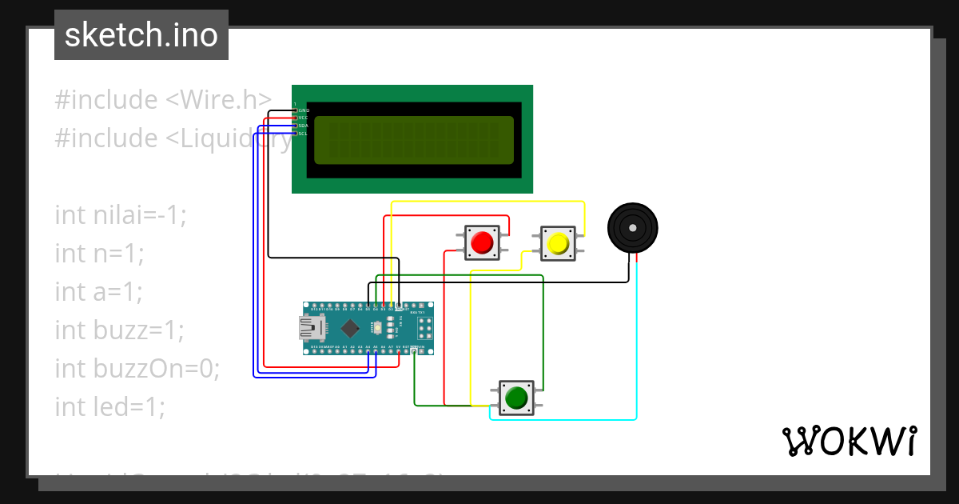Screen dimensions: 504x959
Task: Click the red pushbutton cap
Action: click(x=482, y=242)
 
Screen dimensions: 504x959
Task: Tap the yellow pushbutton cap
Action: click(x=557, y=242)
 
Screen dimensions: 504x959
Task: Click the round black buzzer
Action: click(x=632, y=228)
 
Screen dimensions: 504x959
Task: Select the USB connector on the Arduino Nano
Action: click(x=311, y=327)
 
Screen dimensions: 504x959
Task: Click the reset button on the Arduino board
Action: click(x=377, y=328)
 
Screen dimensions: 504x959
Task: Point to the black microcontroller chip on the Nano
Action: click(x=350, y=328)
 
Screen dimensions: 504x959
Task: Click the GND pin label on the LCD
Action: click(x=304, y=110)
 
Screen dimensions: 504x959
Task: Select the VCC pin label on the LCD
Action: click(x=304, y=118)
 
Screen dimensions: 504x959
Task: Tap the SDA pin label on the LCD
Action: click(x=304, y=126)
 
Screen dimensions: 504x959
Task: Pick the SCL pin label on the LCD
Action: click(x=304, y=134)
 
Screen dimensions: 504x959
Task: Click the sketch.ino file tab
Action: click(x=141, y=35)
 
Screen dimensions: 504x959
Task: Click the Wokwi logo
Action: click(x=849, y=441)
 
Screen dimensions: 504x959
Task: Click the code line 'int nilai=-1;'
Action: click(x=120, y=214)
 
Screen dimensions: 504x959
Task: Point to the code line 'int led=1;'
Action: click(x=109, y=406)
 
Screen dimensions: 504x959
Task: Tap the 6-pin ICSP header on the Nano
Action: click(x=423, y=328)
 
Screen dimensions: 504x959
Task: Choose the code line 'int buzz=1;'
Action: click(x=119, y=330)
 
